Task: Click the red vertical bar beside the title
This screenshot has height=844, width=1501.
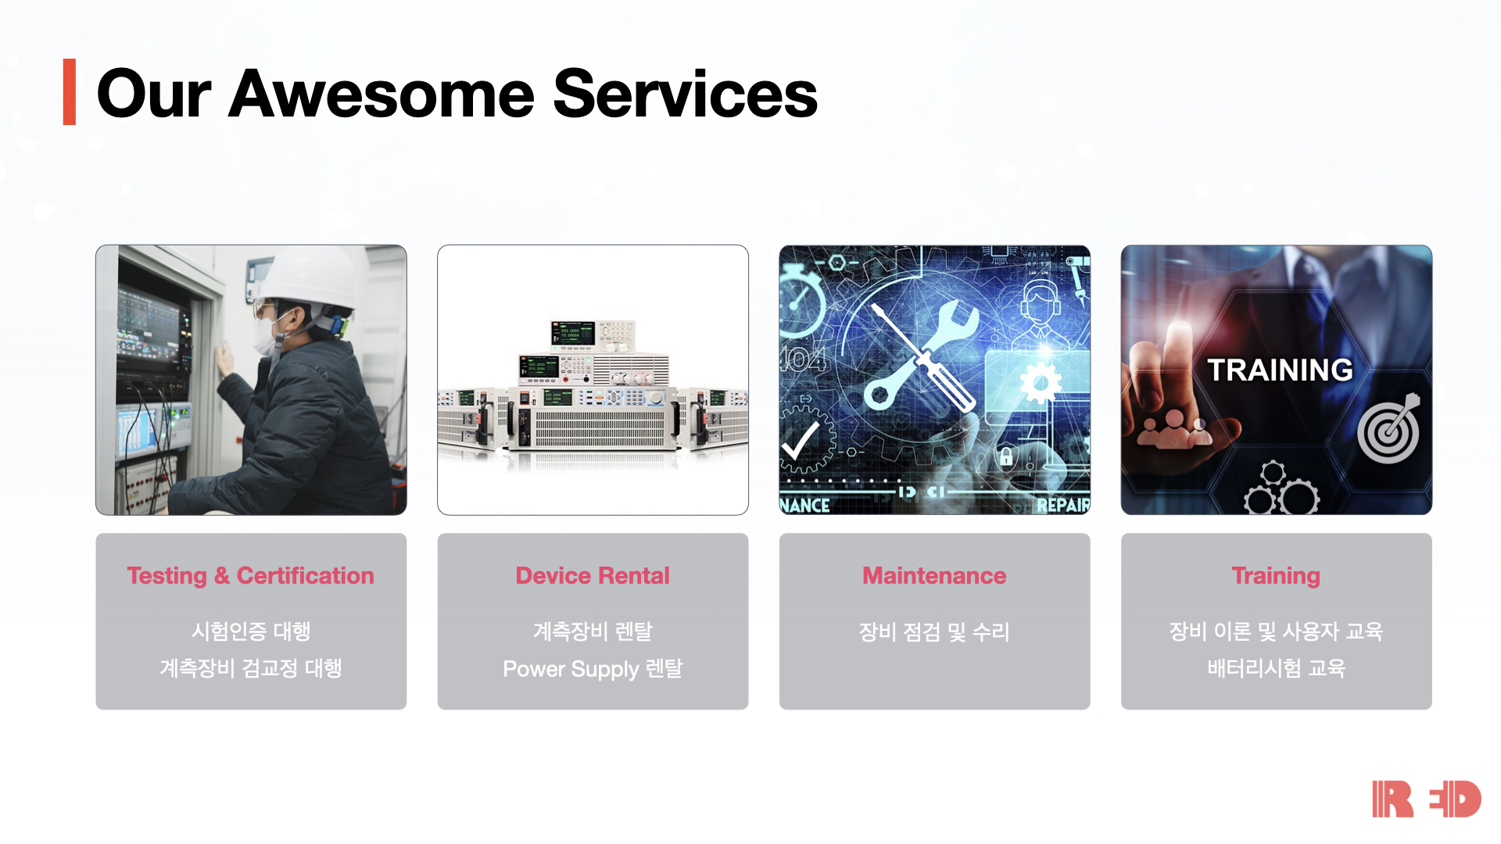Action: (70, 91)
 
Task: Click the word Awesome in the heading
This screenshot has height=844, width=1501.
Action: (382, 94)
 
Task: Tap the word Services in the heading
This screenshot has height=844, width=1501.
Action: (685, 94)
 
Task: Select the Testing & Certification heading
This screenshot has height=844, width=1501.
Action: (251, 576)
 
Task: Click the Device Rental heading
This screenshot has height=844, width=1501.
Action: (593, 576)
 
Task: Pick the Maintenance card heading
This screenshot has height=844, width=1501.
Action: (934, 576)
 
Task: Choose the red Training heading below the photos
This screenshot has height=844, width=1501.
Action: (1276, 577)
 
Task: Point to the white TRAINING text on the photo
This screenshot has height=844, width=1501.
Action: (1280, 370)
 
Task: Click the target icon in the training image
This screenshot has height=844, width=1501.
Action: (1389, 430)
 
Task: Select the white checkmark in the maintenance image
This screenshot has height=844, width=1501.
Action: (801, 442)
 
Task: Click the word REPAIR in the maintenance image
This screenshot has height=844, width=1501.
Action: (1063, 505)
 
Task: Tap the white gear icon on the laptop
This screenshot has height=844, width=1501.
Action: (1041, 384)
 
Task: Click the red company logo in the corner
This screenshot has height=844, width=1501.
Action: (1427, 799)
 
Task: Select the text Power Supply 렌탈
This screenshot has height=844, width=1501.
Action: (593, 669)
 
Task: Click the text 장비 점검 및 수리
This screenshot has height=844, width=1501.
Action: (934, 631)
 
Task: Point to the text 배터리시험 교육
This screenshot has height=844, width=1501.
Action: (1276, 668)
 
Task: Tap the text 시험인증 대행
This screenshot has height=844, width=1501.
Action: (251, 631)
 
